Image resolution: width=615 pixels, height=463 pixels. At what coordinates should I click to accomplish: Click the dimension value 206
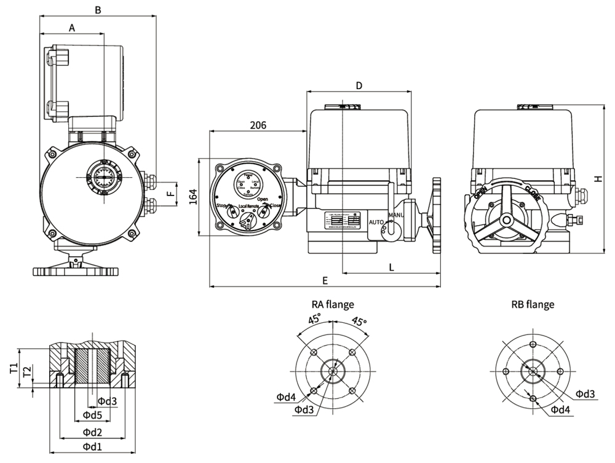[x=258, y=125]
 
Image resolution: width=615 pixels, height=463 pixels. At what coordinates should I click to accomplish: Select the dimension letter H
[x=597, y=178]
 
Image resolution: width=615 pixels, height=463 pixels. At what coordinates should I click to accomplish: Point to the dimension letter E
[x=325, y=280]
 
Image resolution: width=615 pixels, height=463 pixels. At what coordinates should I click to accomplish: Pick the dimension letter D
[x=359, y=85]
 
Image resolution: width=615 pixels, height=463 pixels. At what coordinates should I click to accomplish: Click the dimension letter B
[x=97, y=10]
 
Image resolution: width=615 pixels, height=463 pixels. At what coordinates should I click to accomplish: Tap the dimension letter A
[x=72, y=28]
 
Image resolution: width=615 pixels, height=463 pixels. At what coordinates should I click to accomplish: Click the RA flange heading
[x=333, y=304]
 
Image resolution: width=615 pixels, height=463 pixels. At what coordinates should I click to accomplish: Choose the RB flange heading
[x=533, y=304]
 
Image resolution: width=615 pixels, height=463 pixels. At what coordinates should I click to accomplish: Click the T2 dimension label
[x=26, y=371]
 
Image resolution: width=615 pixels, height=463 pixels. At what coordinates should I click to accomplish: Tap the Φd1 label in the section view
[x=92, y=446]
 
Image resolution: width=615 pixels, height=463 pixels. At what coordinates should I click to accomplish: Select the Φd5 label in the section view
[x=92, y=415]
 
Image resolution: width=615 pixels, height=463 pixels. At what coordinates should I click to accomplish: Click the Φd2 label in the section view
[x=92, y=431]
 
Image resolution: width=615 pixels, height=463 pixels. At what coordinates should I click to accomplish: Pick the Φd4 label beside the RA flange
[x=286, y=397]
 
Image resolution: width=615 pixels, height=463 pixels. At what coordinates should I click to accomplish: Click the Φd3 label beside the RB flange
[x=585, y=394]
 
